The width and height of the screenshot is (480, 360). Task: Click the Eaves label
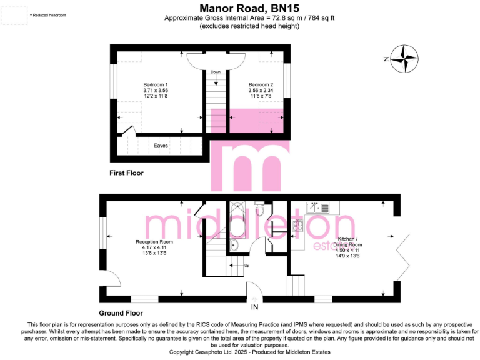161,146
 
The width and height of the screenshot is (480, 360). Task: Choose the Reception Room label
154,242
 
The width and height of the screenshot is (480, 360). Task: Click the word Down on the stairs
216,72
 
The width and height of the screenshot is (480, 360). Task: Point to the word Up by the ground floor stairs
246,266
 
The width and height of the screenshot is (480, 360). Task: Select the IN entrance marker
254,308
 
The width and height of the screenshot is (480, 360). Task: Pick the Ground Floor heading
121,313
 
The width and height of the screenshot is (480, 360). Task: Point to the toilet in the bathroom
260,211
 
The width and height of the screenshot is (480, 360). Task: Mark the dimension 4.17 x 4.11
154,247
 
